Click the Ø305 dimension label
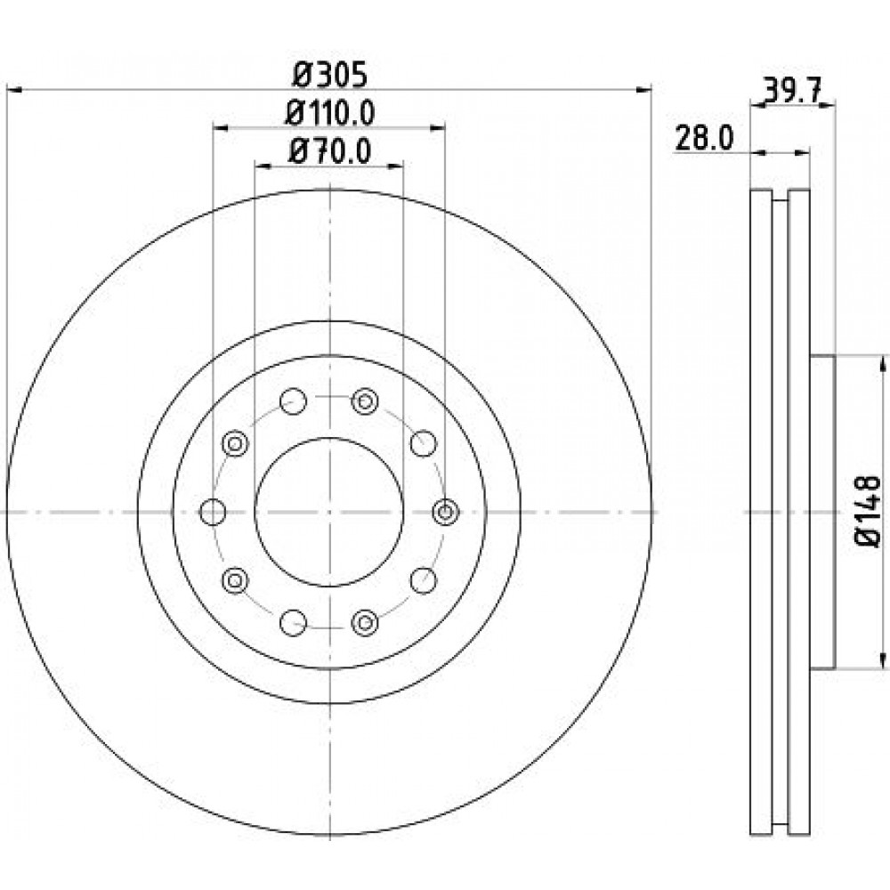click(x=330, y=76)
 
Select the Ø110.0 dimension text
click(x=330, y=114)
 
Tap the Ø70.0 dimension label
click(x=330, y=151)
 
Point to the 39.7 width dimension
click(x=793, y=91)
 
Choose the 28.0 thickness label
click(x=704, y=138)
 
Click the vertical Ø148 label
click(x=868, y=512)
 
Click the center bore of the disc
click(x=329, y=512)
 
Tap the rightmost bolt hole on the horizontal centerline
click(x=446, y=512)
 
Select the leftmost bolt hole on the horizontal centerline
click(x=213, y=512)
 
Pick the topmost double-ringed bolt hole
click(x=365, y=401)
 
